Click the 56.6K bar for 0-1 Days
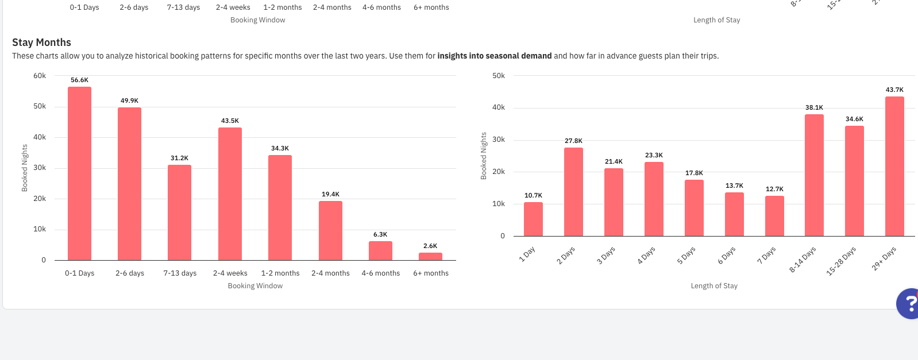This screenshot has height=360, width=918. [x=79, y=173]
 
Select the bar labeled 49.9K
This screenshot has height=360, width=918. [x=129, y=184]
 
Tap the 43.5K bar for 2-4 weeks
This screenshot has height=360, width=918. [x=230, y=193]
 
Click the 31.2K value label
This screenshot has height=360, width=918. [x=179, y=158]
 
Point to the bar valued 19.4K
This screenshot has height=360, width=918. [x=330, y=230]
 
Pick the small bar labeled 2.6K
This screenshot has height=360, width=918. [x=430, y=256]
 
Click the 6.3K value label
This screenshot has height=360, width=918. [x=380, y=234]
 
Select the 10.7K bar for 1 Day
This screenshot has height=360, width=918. [x=533, y=219]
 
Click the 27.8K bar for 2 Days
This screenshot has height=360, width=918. [x=573, y=192]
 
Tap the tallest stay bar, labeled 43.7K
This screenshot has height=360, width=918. [x=894, y=166]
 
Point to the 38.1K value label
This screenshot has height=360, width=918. [x=814, y=107]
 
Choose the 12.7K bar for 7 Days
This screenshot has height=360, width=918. [x=774, y=216]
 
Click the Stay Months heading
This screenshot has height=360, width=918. [x=41, y=42]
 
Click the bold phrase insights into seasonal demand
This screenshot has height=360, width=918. [x=494, y=56]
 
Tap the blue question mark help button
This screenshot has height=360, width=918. [x=909, y=303]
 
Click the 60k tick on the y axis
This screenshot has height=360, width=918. [x=40, y=76]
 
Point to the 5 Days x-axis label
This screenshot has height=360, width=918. [x=686, y=255]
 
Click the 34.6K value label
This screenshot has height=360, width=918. [x=854, y=119]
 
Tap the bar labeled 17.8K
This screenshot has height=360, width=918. [x=694, y=208]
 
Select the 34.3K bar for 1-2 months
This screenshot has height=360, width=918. [x=280, y=207]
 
